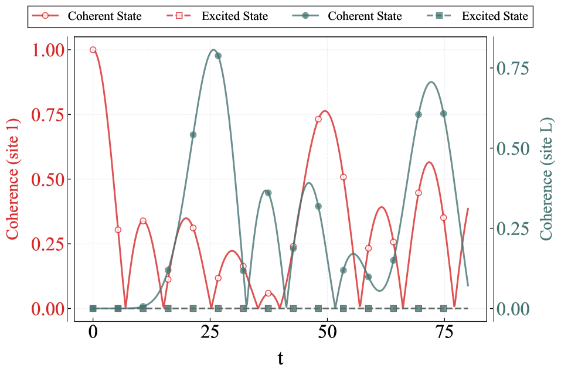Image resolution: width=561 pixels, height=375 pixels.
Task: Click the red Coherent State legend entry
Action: tap(88, 16)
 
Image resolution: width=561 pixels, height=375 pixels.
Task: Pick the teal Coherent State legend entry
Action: tap(348, 16)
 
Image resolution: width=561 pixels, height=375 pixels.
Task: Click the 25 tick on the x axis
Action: tap(210, 332)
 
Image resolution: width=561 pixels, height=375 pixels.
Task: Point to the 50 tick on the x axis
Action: tap(327, 332)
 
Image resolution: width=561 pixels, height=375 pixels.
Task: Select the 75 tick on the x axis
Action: tap(444, 332)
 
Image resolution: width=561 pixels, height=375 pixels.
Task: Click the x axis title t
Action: tap(280, 357)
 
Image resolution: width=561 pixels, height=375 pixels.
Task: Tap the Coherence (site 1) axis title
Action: tap(12, 178)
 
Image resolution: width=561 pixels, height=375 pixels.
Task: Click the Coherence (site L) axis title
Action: tap(546, 178)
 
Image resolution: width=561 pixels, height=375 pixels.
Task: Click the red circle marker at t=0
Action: tap(93, 50)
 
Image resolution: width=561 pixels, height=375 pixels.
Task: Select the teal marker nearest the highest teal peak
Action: tap(218, 56)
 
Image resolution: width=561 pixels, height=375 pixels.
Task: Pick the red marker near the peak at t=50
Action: tap(318, 119)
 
